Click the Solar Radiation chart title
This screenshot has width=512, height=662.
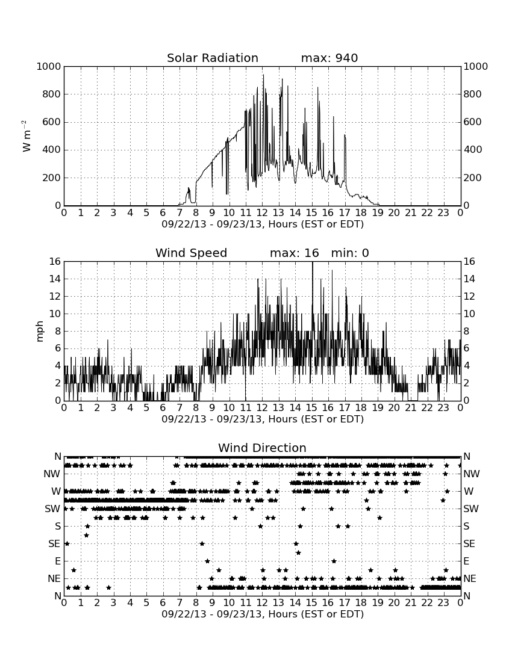click(x=213, y=58)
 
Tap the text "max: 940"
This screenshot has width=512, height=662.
click(x=329, y=58)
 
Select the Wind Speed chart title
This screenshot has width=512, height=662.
click(x=192, y=253)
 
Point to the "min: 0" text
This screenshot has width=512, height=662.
click(x=350, y=253)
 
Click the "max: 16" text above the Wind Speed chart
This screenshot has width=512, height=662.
click(x=295, y=253)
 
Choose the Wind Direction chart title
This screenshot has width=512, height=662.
click(x=262, y=448)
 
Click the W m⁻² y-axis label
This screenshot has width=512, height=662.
click(x=26, y=136)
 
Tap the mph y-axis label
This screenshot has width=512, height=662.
click(x=40, y=332)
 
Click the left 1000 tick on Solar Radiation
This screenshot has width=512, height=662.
click(x=49, y=66)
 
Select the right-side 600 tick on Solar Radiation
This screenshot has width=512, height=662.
click(x=472, y=122)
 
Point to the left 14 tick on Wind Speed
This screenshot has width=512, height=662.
click(x=55, y=279)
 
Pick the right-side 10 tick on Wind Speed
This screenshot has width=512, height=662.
click(x=469, y=314)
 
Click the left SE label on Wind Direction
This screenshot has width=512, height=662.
click(x=54, y=544)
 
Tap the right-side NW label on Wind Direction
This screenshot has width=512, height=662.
click(x=472, y=474)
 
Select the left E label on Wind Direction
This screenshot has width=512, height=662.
click(x=58, y=561)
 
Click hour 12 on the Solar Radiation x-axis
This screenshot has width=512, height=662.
click(x=262, y=212)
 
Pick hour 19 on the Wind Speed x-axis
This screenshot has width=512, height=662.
click(x=378, y=407)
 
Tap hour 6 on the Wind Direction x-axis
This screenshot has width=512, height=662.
click(x=163, y=602)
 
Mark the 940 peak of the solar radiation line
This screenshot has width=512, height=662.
click(x=263, y=75)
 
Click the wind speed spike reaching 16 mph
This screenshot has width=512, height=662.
click(x=312, y=262)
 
